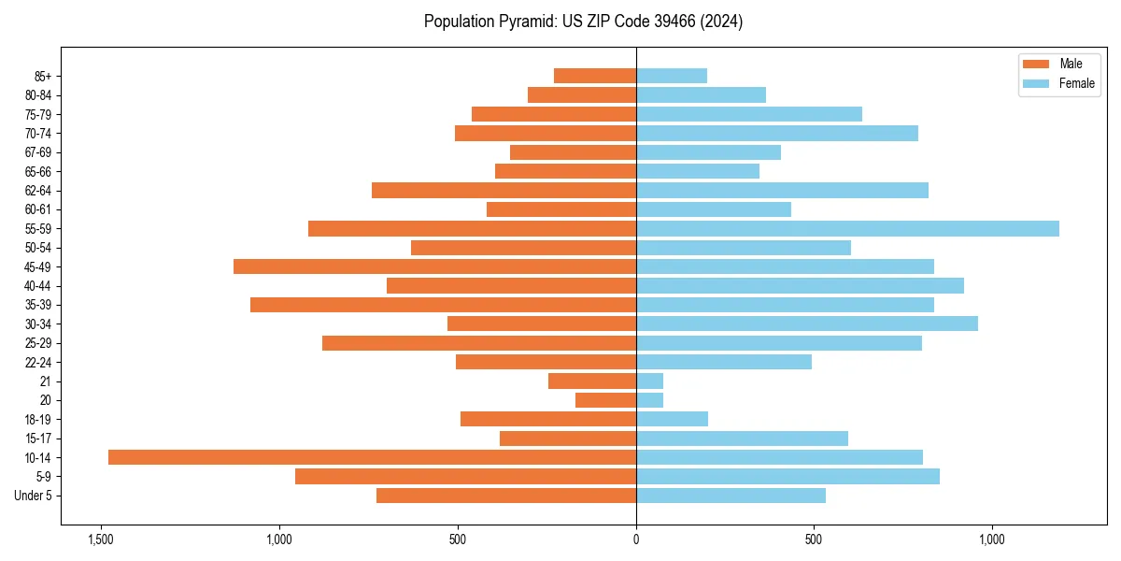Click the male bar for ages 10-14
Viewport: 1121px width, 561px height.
pos(372,457)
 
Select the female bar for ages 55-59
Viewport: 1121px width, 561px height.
pos(847,229)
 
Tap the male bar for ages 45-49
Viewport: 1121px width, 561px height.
pos(434,266)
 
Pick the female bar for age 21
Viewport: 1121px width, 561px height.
pos(649,381)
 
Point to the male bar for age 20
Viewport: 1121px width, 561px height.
pos(605,400)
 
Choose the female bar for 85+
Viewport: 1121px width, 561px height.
pos(672,76)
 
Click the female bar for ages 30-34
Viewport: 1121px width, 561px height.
pos(807,324)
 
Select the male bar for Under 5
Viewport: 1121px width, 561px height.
pos(506,496)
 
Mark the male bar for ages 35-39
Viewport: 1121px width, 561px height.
pos(443,305)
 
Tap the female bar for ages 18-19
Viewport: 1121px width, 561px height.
pos(672,419)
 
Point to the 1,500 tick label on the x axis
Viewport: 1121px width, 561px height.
pos(101,539)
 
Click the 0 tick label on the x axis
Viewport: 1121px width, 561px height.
pos(636,539)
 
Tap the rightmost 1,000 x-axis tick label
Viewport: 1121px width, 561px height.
pos(992,539)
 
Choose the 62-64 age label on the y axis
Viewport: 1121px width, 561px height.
pos(38,191)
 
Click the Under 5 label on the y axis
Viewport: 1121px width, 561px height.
pos(34,496)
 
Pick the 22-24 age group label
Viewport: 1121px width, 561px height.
pos(38,362)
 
